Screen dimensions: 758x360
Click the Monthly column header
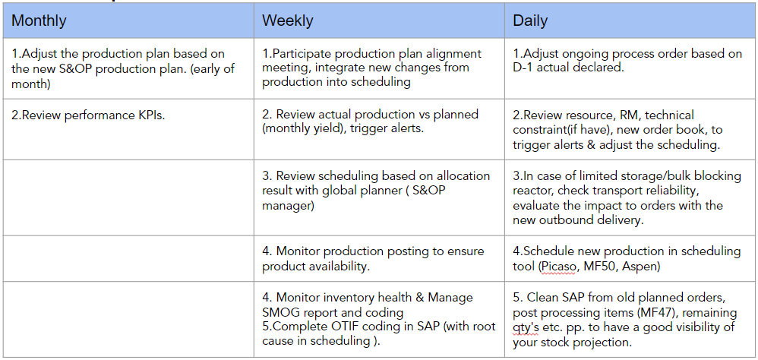pos(39,21)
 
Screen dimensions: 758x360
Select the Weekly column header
pos(287,21)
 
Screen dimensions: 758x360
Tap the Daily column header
pos(530,21)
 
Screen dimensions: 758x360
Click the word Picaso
pos(557,267)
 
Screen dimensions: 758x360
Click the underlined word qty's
pos(527,328)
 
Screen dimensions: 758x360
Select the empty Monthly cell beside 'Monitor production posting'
pos(128,258)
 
